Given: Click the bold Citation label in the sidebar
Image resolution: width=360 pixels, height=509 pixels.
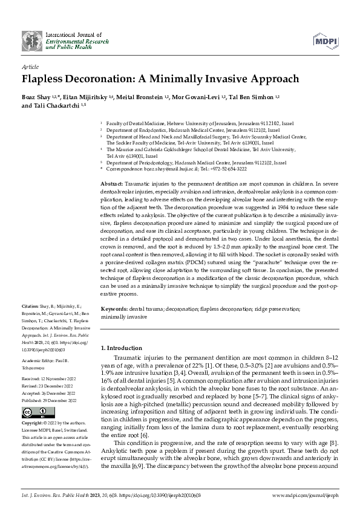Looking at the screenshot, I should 30,308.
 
